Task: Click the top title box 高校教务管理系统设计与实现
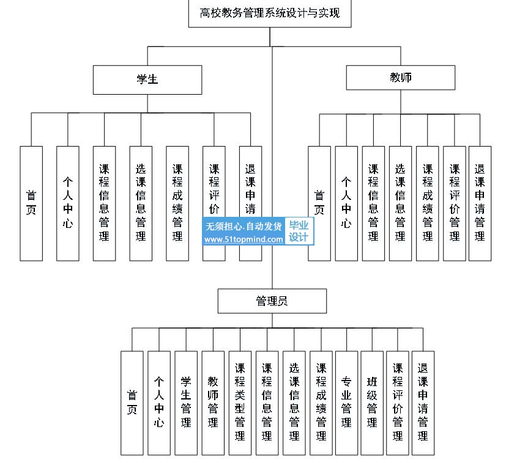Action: click(270, 13)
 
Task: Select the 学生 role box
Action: click(147, 79)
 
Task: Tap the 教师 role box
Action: click(401, 78)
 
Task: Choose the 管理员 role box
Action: click(272, 301)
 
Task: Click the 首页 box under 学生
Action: click(31, 203)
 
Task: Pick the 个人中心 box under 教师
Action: click(346, 203)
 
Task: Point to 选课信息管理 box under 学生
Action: click(141, 203)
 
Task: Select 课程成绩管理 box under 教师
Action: click(427, 203)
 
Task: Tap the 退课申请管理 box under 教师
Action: click(480, 203)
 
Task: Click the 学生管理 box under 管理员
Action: click(186, 403)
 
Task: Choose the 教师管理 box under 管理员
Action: click(213, 403)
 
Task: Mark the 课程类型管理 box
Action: click(240, 403)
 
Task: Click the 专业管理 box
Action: click(346, 403)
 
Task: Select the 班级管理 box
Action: click(372, 403)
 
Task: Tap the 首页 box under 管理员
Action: click(132, 403)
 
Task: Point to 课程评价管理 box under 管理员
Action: click(397, 403)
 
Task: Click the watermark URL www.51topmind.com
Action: click(244, 239)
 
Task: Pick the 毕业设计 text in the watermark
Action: click(299, 231)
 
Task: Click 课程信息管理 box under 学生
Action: click(104, 203)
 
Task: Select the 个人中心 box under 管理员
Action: click(159, 403)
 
